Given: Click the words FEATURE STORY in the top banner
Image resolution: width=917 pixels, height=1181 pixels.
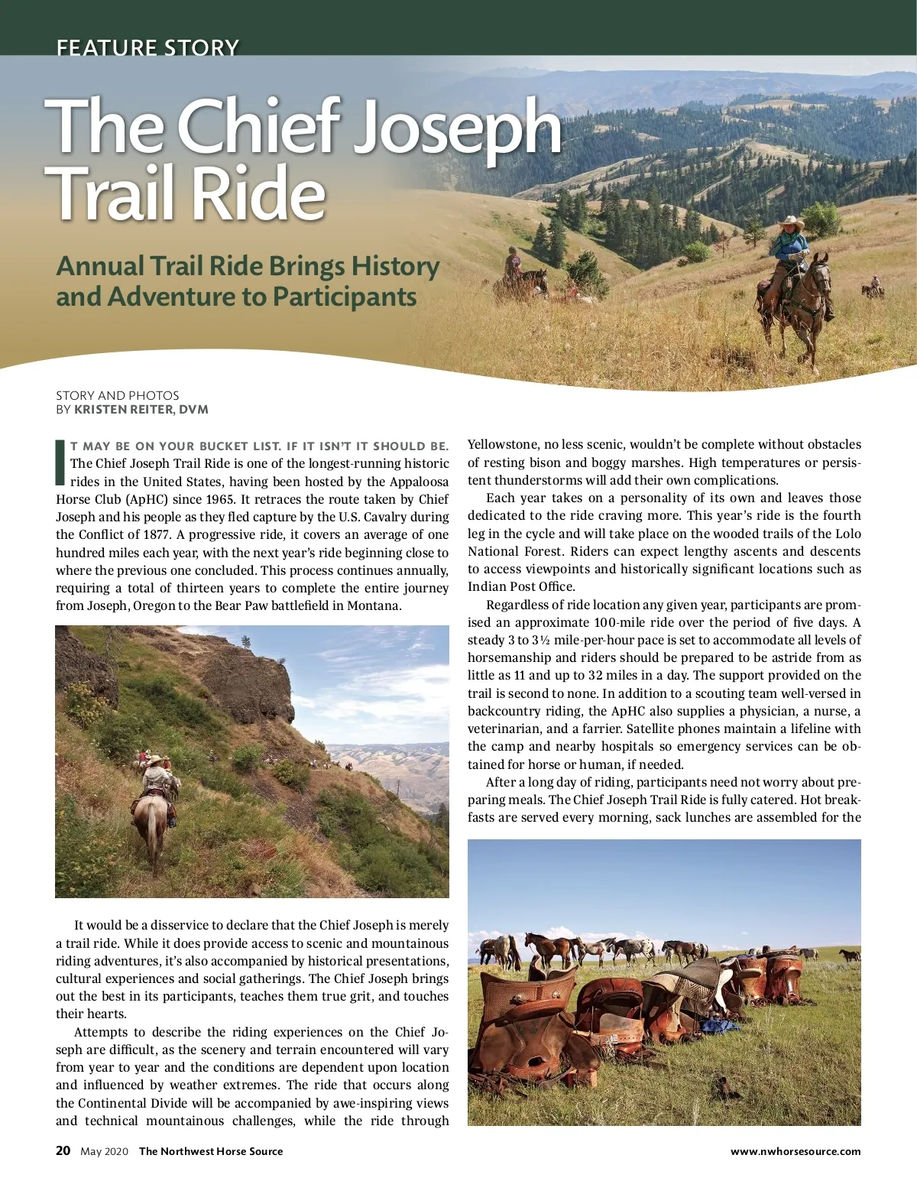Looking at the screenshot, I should click(x=147, y=47).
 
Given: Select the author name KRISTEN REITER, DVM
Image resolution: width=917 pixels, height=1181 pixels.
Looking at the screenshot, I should click(x=141, y=410).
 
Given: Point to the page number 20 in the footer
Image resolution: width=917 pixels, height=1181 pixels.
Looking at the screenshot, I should click(x=63, y=1150).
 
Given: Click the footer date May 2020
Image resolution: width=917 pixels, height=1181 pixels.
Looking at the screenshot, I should click(x=105, y=1151).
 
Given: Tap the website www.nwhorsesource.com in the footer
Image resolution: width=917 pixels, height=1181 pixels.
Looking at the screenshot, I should click(x=795, y=1151).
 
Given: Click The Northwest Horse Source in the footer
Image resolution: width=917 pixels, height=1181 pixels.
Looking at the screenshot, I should click(x=211, y=1151).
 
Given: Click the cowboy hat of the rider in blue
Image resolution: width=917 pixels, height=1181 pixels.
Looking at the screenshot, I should click(x=791, y=222).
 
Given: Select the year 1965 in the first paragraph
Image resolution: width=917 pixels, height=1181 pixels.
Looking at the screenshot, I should click(x=221, y=500).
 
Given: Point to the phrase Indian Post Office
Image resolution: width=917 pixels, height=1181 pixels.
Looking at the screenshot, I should click(x=521, y=587).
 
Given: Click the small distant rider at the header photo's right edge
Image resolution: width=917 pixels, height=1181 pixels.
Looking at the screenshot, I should click(x=873, y=286).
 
